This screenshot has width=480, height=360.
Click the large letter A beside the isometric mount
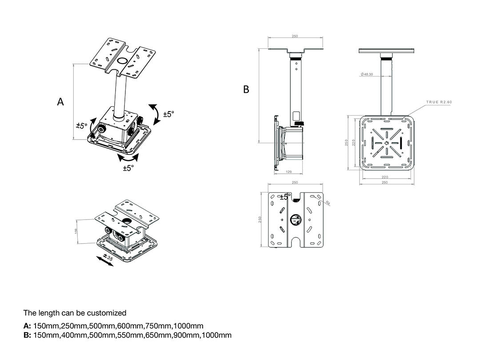coord(60,102)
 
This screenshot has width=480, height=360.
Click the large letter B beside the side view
coord(246,90)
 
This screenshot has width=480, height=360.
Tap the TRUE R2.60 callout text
coord(439,102)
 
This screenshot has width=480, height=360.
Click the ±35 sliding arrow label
coord(108,256)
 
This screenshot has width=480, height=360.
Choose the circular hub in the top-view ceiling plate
coord(295,220)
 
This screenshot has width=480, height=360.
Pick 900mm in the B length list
coord(188,335)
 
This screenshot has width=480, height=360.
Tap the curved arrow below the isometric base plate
coord(128,157)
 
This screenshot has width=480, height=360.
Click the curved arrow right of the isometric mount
coord(155,114)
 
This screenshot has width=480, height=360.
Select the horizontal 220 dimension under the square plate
coord(385,176)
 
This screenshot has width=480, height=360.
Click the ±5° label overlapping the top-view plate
coord(284,197)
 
